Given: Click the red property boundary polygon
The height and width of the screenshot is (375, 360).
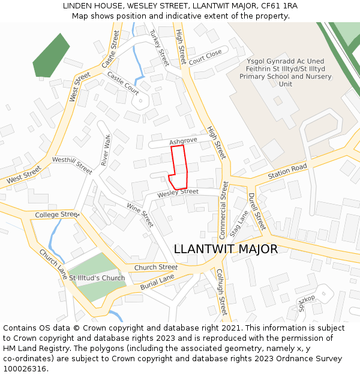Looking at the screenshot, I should tap(179, 167).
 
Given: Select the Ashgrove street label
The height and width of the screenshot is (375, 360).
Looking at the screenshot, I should tap(183, 141).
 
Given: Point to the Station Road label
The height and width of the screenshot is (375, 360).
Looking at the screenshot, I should tap(287, 171).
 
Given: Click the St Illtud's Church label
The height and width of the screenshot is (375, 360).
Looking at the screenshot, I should tap(97, 278).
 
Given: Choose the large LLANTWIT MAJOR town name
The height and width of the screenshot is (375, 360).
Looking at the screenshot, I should tap(226, 249).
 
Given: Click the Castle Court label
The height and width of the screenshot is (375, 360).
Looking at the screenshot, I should tap(123, 83).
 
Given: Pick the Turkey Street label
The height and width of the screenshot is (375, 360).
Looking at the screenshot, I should tap(160, 47).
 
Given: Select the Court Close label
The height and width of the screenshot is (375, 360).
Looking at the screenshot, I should tap(205, 58).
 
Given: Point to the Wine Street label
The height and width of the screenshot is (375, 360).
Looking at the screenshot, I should tap(140, 215).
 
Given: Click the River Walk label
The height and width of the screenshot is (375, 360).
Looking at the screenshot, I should tap(106, 151).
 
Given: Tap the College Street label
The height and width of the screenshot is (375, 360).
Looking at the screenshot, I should tap(57, 214).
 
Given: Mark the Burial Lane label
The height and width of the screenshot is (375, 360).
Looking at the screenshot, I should tap(157, 283).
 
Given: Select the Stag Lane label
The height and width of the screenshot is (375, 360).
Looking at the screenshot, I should tap(239, 223).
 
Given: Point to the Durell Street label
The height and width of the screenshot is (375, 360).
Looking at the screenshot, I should tap(256, 211).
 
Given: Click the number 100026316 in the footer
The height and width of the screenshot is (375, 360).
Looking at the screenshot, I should tap(26, 369).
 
